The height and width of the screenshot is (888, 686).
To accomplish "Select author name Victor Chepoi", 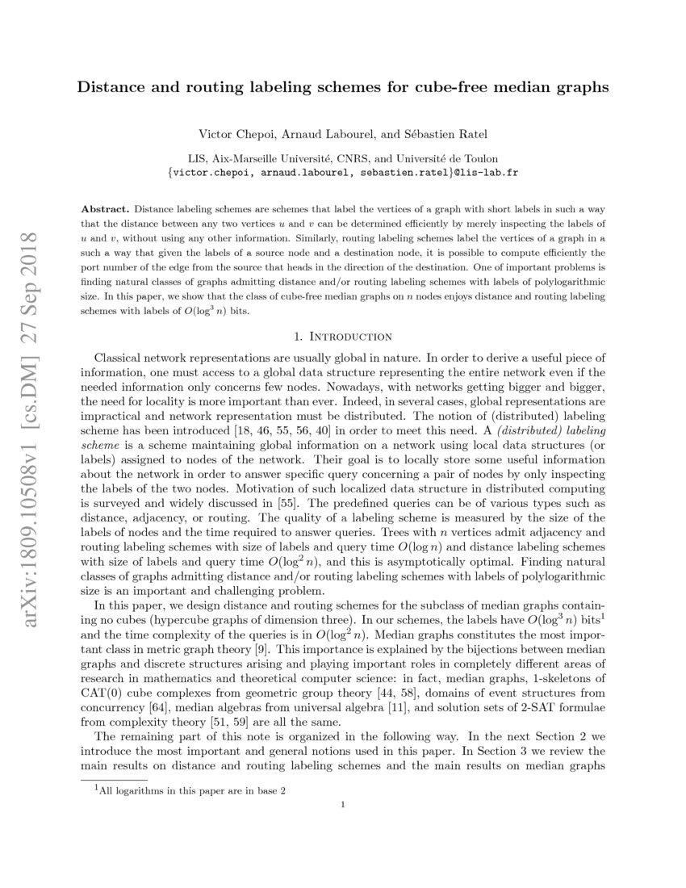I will coord(232,132).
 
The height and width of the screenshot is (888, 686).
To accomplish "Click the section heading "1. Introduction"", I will coord(343,336).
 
